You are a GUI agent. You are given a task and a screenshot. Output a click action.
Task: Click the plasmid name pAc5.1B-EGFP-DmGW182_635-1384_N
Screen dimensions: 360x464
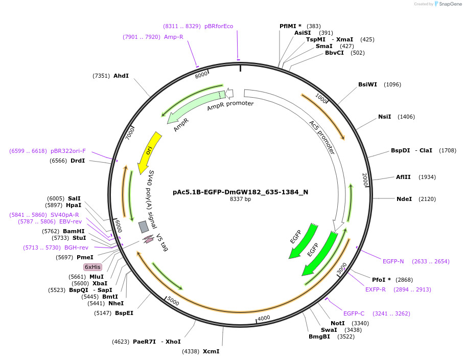(241, 192)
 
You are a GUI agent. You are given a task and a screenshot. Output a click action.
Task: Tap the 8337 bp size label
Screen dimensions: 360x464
(241, 199)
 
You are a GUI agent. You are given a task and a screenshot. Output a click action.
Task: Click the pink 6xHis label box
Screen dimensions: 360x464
(93, 267)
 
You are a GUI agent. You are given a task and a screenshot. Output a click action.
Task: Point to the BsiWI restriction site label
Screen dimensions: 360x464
(367, 84)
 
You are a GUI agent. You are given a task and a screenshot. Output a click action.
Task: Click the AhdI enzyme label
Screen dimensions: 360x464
(121, 76)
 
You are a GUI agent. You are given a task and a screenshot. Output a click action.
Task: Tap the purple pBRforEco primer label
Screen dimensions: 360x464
(219, 26)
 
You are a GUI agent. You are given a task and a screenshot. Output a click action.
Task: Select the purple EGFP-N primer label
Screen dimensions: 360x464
(393, 261)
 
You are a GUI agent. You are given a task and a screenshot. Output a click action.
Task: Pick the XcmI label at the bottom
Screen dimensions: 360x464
(211, 351)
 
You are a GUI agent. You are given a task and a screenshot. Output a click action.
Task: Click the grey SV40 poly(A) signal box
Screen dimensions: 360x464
(144, 227)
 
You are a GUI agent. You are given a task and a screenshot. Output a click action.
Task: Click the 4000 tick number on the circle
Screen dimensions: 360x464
(264, 318)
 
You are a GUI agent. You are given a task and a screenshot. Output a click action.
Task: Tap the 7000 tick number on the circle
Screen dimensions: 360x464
(130, 133)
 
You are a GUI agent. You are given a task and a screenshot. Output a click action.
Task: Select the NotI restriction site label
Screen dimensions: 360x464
(338, 323)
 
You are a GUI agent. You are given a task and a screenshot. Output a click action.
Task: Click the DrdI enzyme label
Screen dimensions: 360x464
(78, 161)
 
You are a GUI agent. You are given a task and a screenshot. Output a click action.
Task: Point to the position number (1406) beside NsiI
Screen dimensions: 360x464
(406, 117)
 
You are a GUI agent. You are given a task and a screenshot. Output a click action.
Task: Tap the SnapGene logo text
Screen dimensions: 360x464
(449, 4)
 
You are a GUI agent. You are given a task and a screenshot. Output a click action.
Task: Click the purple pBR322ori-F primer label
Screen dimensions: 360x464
(68, 151)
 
